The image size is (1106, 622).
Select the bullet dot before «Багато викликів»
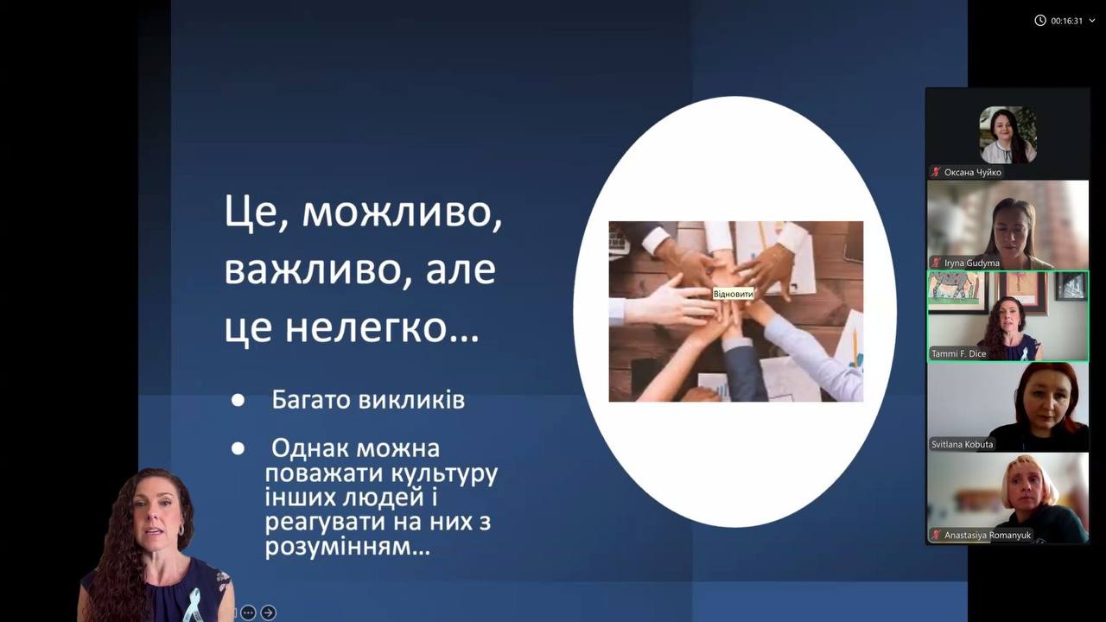pyautogui.click(x=238, y=400)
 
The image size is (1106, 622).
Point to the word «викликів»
pyautogui.click(x=411, y=400)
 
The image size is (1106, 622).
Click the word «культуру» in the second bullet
pyautogui.click(x=444, y=475)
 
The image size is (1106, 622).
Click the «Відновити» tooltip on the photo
pyautogui.click(x=734, y=295)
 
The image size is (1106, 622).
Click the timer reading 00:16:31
pyautogui.click(x=1066, y=21)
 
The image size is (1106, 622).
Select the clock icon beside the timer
pyautogui.click(x=1039, y=20)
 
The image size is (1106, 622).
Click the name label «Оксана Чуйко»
pyautogui.click(x=973, y=172)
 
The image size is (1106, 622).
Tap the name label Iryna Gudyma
pyautogui.click(x=972, y=263)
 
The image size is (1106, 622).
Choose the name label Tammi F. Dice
pyautogui.click(x=958, y=353)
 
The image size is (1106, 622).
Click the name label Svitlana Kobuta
pyautogui.click(x=962, y=444)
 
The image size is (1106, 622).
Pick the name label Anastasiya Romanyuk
pyautogui.click(x=988, y=535)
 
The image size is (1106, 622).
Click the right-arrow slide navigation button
pyautogui.click(x=268, y=612)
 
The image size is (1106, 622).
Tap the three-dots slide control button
pyautogui.click(x=248, y=612)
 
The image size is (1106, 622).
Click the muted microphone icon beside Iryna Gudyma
pyautogui.click(x=936, y=263)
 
